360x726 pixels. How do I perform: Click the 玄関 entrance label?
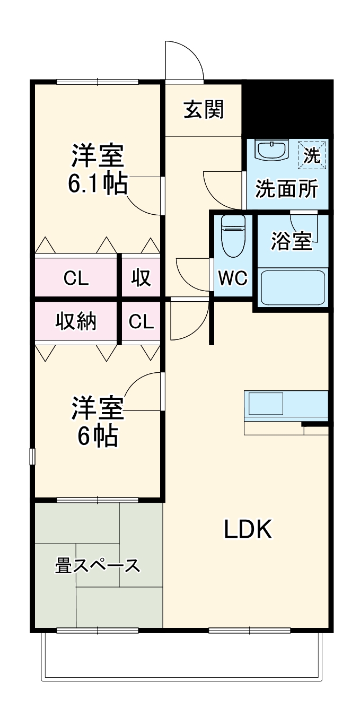204,110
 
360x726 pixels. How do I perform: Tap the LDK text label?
248,529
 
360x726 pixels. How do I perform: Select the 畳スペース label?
98,566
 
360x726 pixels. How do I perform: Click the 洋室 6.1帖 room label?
98,169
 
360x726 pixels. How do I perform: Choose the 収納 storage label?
77,321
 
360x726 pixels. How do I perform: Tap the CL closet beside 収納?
141,321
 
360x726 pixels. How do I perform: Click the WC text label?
233,277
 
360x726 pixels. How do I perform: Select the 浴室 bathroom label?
291,241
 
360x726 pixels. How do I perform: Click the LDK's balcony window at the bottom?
249,630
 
